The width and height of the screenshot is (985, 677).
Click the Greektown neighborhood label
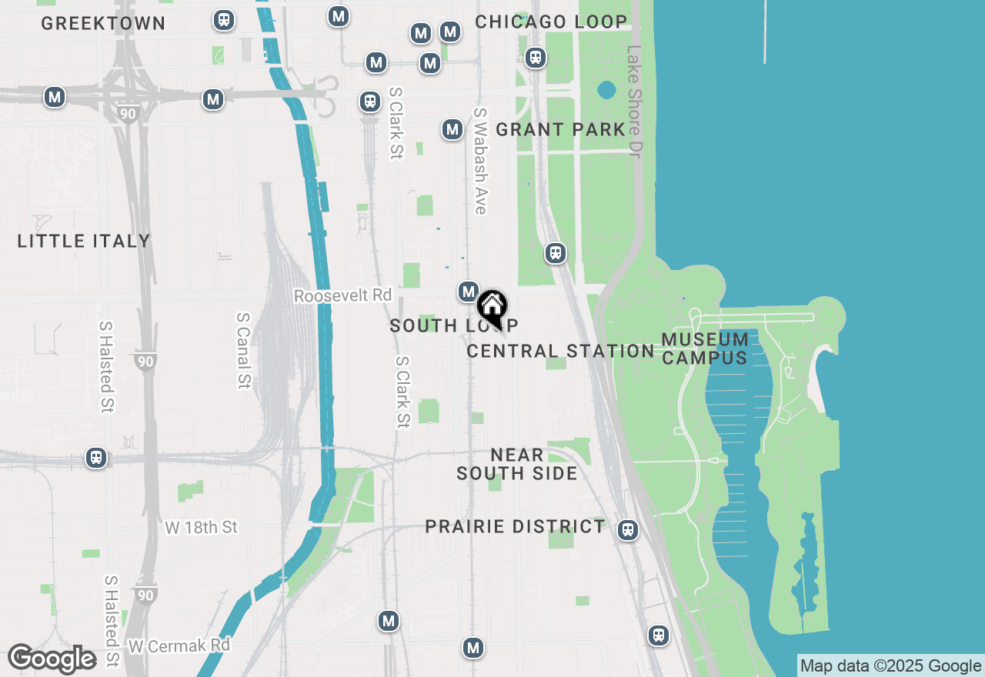[x=103, y=23]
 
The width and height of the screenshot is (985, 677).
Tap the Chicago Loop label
[x=551, y=22]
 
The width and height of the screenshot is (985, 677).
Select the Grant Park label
[x=560, y=129]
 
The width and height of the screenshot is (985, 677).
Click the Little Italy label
[x=84, y=241]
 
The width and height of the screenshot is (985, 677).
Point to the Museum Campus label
[x=705, y=349]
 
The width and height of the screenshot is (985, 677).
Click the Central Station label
[x=560, y=351]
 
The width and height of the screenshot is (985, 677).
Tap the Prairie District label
[x=516, y=526]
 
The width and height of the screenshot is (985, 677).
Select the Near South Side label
[x=517, y=464]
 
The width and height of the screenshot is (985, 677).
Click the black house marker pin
[x=492, y=307]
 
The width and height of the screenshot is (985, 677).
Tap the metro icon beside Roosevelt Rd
[x=469, y=292]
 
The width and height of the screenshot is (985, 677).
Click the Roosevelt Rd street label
[x=342, y=295]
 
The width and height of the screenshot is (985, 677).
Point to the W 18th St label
[x=202, y=527]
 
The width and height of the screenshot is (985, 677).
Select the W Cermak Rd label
[x=179, y=645]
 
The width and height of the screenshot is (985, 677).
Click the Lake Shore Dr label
[x=633, y=102]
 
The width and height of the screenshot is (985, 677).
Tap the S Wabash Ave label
[x=480, y=161]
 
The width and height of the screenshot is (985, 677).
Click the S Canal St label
[x=244, y=350]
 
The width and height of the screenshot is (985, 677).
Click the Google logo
[x=52, y=659]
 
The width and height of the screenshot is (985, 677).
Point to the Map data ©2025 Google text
[x=890, y=666]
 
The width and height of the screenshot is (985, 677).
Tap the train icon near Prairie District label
[x=628, y=529]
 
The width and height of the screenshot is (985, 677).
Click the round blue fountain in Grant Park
[x=606, y=90]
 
